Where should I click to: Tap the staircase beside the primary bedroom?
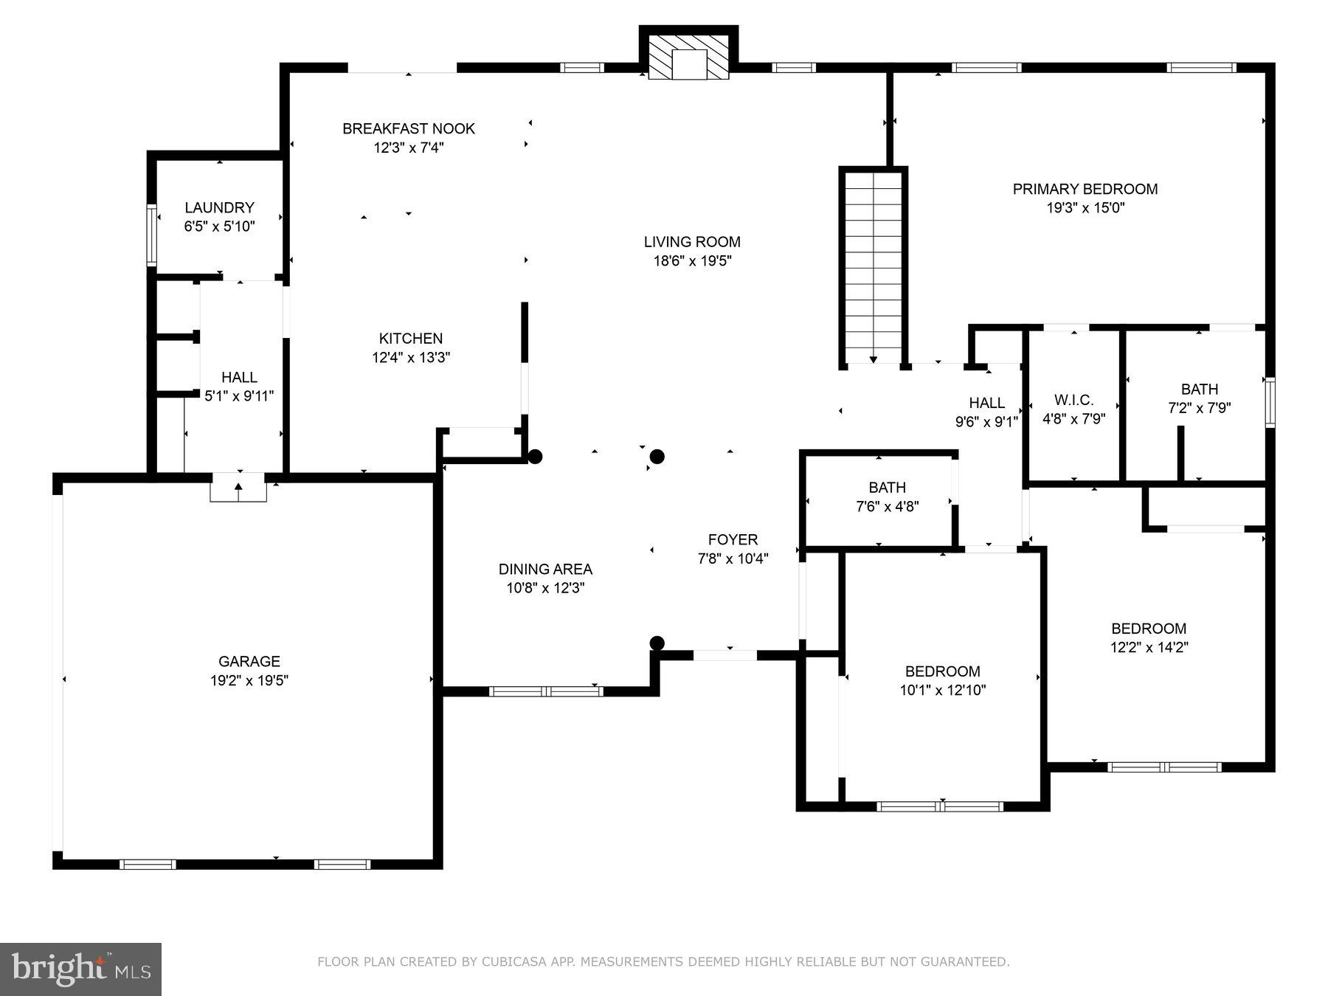click(873, 268)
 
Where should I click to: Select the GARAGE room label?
click(249, 661)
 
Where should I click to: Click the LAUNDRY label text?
click(219, 207)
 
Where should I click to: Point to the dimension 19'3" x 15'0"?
click(1085, 208)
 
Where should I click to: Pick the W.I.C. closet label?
click(1073, 400)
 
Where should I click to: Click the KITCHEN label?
click(411, 339)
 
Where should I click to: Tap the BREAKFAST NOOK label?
click(409, 128)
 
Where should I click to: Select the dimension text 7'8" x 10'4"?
click(733, 558)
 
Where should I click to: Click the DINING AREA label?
click(545, 569)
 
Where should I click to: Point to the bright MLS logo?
click(80, 969)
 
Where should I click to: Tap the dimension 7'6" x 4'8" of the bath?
click(888, 506)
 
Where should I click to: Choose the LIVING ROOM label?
click(692, 241)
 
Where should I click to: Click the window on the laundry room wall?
click(151, 235)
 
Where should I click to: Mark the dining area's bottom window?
click(546, 691)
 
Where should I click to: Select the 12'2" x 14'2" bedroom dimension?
click(1149, 648)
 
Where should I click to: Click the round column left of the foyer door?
click(657, 643)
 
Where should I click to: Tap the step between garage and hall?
click(238, 487)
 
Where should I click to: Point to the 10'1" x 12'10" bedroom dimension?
click(943, 691)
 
